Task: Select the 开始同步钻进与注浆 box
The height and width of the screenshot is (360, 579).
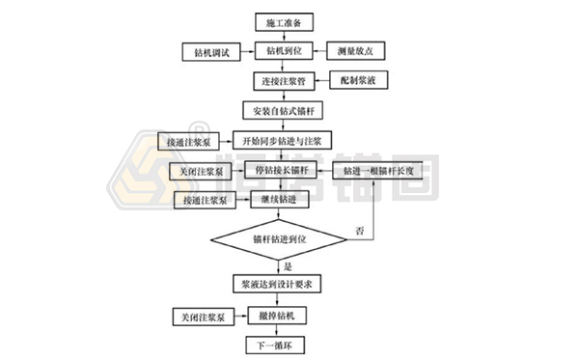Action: click(289, 141)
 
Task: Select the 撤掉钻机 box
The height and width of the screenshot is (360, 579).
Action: click(278, 316)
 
